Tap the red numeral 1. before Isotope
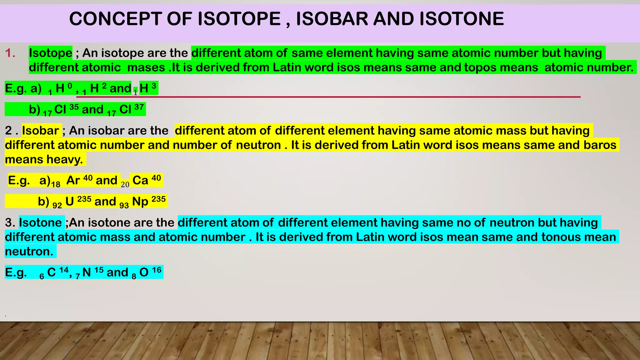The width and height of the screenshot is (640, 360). click(x=10, y=53)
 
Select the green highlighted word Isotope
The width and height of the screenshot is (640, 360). click(x=51, y=53)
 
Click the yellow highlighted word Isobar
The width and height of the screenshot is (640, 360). click(x=41, y=131)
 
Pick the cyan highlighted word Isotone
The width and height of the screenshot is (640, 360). click(x=40, y=222)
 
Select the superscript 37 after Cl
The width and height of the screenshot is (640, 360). click(x=139, y=107)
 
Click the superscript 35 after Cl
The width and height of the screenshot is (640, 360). click(x=74, y=107)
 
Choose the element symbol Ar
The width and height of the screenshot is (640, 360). click(x=73, y=181)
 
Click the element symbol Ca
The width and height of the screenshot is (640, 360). click(x=140, y=181)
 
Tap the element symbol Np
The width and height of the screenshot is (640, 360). click(x=140, y=202)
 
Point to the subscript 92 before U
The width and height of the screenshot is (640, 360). click(x=57, y=206)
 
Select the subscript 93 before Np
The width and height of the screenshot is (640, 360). click(x=124, y=206)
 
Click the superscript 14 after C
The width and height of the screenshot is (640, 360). click(x=64, y=270)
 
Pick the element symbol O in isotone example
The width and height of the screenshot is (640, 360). click(x=144, y=272)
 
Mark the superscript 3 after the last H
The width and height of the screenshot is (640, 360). click(x=154, y=86)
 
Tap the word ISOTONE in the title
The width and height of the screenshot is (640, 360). click(x=462, y=19)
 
